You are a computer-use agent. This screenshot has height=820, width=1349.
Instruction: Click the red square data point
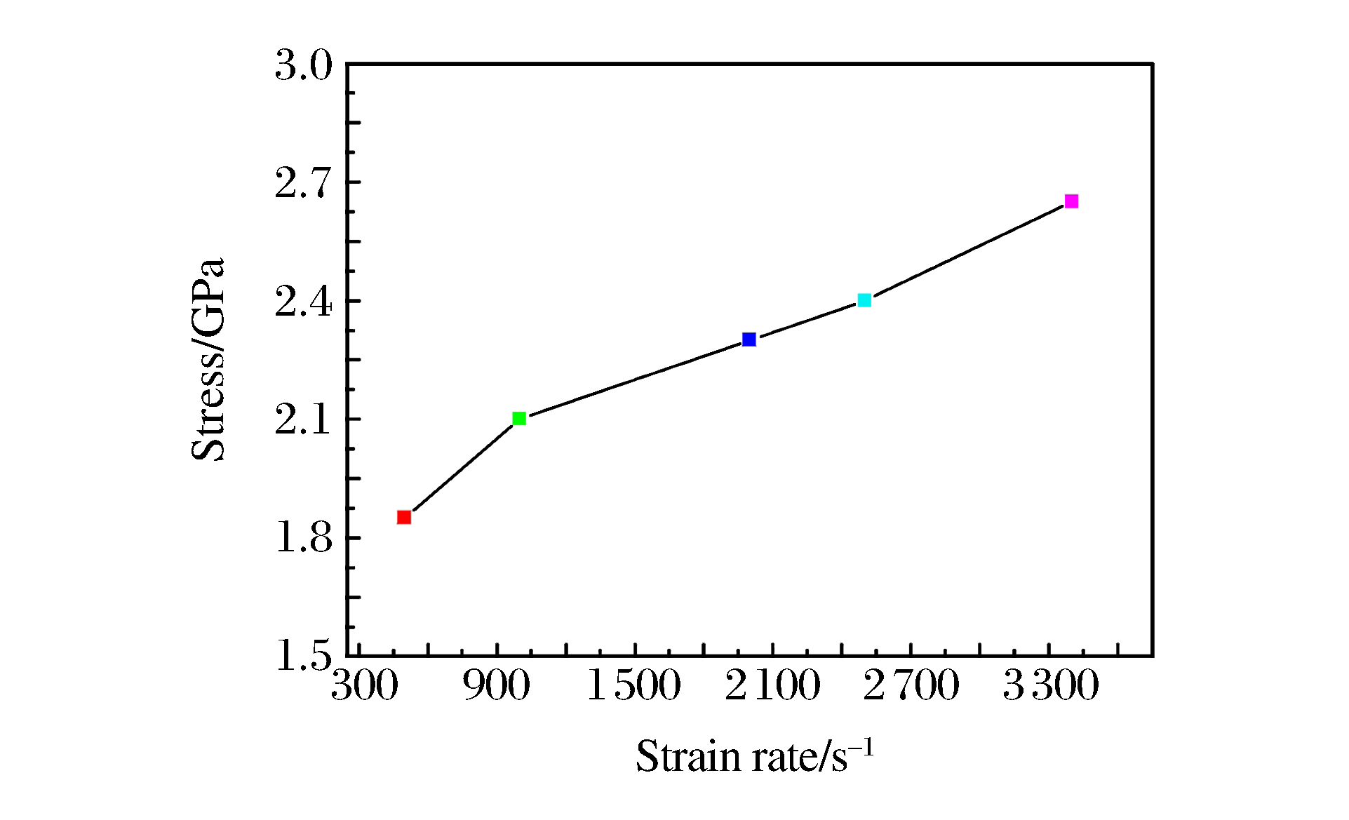click(x=404, y=517)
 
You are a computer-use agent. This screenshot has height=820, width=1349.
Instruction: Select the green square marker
click(x=519, y=419)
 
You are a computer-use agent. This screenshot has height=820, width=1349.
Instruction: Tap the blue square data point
click(x=749, y=340)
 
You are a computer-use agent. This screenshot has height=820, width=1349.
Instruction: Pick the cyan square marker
click(x=864, y=300)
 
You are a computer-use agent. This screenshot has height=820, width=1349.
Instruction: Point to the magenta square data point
click(x=1071, y=201)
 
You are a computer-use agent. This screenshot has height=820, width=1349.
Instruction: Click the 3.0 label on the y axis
click(x=303, y=67)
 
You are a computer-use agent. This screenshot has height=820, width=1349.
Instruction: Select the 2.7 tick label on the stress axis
click(x=303, y=184)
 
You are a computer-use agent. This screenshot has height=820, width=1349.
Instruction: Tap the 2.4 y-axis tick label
click(x=303, y=303)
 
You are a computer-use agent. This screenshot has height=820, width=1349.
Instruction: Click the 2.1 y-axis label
click(x=303, y=421)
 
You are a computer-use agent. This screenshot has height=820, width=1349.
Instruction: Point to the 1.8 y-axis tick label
click(x=303, y=539)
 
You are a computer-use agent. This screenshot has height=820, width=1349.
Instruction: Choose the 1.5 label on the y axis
click(x=303, y=657)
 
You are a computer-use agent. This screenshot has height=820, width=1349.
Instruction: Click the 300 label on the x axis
click(x=364, y=685)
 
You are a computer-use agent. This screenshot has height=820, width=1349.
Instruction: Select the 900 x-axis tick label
click(x=497, y=685)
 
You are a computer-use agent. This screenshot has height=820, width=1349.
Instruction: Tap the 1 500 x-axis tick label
click(x=633, y=685)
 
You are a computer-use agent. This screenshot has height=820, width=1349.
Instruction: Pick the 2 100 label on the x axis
click(x=772, y=685)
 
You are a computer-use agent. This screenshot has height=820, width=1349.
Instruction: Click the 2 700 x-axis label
click(x=911, y=685)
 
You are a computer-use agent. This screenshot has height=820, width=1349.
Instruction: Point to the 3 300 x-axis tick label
click(x=1050, y=685)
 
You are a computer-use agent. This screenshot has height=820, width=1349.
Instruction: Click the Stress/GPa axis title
click(x=208, y=359)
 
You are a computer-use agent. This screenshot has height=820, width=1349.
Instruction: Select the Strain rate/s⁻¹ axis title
click(x=755, y=757)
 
